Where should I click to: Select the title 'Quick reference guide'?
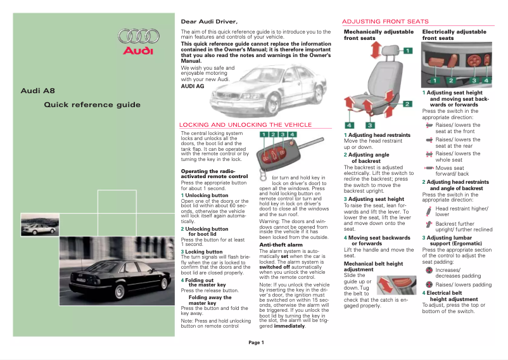(x=92, y=105)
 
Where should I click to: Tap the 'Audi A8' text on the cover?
(x=34, y=91)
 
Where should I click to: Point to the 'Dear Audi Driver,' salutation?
(x=209, y=22)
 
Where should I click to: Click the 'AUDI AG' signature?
(x=193, y=86)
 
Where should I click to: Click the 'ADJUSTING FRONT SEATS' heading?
(x=385, y=22)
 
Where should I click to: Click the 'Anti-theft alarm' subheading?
(x=281, y=244)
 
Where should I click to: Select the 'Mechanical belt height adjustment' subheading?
(x=373, y=266)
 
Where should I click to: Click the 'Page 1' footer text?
(x=256, y=343)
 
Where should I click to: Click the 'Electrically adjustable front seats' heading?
(x=454, y=35)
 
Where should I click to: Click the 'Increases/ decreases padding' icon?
(x=429, y=271)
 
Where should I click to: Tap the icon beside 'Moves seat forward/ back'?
(x=429, y=167)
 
